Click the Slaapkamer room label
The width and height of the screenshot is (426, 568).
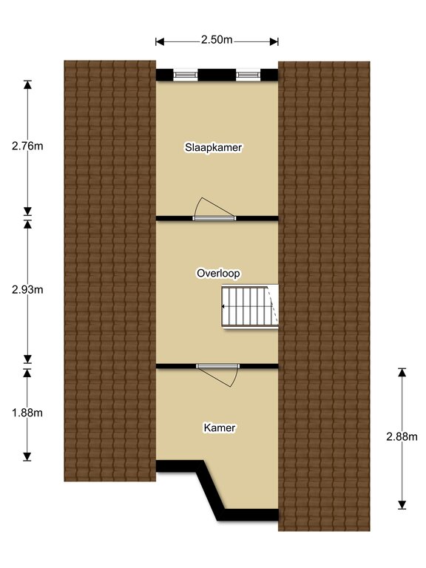click(x=213, y=147)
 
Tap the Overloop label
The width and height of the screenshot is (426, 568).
click(x=218, y=273)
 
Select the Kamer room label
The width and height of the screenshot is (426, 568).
click(x=220, y=427)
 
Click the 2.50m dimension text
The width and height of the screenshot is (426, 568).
click(x=217, y=39)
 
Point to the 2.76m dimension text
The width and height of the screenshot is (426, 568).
click(x=27, y=146)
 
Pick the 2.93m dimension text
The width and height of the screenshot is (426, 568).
click(x=27, y=290)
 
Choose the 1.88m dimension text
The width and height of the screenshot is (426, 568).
click(x=27, y=413)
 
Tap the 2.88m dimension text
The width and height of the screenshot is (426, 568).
click(x=402, y=437)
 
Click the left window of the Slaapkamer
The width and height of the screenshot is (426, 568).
click(x=186, y=75)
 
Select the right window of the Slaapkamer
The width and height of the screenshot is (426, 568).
click(x=248, y=75)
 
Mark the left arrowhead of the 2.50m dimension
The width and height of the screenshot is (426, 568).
click(x=160, y=42)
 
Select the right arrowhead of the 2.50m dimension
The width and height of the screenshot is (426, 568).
click(x=274, y=42)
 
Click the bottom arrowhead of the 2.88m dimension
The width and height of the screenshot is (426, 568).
click(x=402, y=505)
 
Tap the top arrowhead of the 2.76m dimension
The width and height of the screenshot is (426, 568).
click(x=27, y=84)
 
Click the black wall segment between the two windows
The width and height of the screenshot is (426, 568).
click(x=217, y=75)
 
